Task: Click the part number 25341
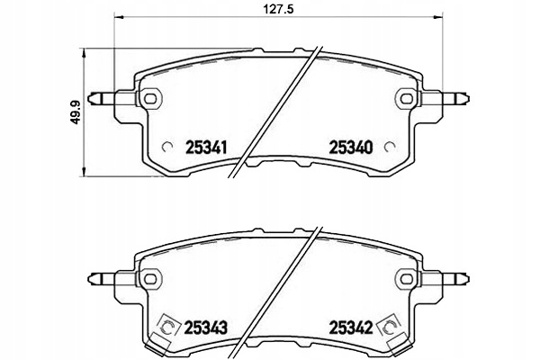point(204,146)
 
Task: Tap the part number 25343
point(204,328)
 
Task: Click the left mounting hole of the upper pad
point(150,96)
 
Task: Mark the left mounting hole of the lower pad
point(150,278)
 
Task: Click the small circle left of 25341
point(166,147)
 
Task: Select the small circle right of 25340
point(390,147)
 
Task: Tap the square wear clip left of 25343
point(165,328)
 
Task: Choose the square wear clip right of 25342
point(391,328)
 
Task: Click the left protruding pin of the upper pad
point(101,96)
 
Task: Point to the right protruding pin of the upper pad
point(454,96)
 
